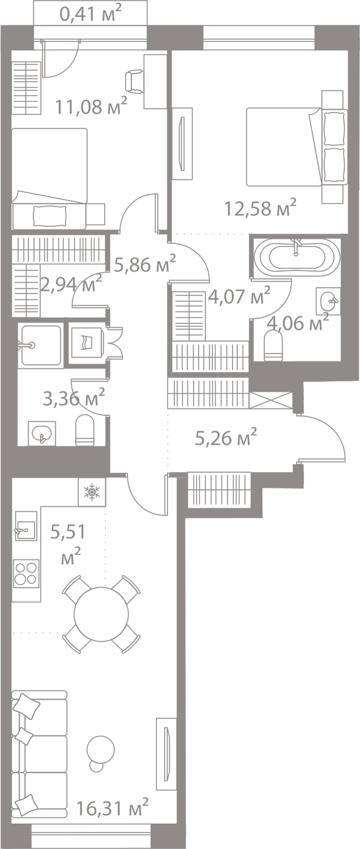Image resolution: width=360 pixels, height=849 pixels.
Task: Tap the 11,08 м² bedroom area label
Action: point(91,106)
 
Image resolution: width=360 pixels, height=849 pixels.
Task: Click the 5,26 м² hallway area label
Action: point(226,438)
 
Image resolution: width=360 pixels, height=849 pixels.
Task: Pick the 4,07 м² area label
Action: point(239,295)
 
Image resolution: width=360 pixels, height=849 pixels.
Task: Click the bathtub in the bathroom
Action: point(297,256)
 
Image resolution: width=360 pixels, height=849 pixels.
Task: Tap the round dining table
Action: point(101,614)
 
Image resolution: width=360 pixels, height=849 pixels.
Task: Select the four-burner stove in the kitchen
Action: point(26,573)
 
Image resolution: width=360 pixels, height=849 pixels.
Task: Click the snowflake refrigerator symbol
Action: point(92,492)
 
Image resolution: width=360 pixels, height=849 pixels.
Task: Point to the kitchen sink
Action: point(26,526)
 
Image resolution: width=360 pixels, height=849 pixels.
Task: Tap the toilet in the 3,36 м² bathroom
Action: point(84,430)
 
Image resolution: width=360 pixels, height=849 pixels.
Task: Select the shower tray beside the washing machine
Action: point(41,345)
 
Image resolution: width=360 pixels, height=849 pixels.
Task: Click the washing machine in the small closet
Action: point(87,342)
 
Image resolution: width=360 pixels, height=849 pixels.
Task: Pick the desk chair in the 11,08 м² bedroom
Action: point(134,82)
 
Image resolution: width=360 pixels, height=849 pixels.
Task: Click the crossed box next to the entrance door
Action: point(271,400)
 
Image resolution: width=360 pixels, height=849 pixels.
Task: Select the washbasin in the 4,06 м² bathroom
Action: point(328,301)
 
